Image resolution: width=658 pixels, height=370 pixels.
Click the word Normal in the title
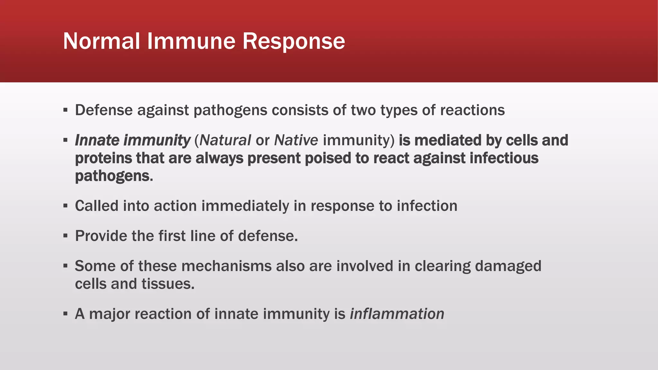coord(102,41)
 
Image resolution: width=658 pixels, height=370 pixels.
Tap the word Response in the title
coord(293,41)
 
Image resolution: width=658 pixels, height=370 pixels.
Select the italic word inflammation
coord(397,314)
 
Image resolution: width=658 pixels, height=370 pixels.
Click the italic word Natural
coord(225,140)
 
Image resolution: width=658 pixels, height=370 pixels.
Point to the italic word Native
coord(296,140)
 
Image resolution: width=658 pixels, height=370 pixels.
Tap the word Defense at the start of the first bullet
coord(104,110)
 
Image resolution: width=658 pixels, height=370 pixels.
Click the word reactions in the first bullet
coord(472,110)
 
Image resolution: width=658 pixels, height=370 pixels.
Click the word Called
coord(97,206)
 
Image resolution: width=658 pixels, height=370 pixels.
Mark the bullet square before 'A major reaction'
coord(66,314)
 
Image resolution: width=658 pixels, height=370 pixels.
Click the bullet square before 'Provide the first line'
coord(66,236)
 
